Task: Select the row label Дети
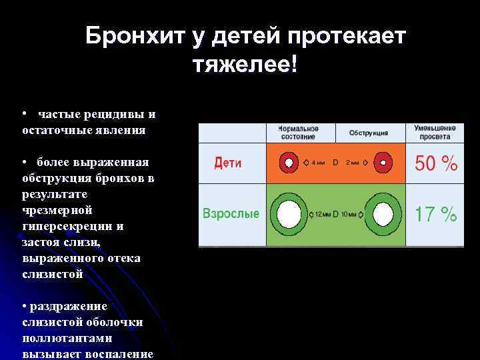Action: click(x=228, y=163)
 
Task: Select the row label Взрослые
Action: click(x=231, y=214)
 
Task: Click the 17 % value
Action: click(x=436, y=215)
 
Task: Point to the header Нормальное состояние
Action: click(x=298, y=132)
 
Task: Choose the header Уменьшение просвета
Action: click(x=435, y=132)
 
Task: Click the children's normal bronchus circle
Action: click(x=288, y=162)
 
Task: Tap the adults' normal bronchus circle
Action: click(x=288, y=214)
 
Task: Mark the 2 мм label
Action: click(x=353, y=163)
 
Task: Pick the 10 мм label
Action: click(x=351, y=214)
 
